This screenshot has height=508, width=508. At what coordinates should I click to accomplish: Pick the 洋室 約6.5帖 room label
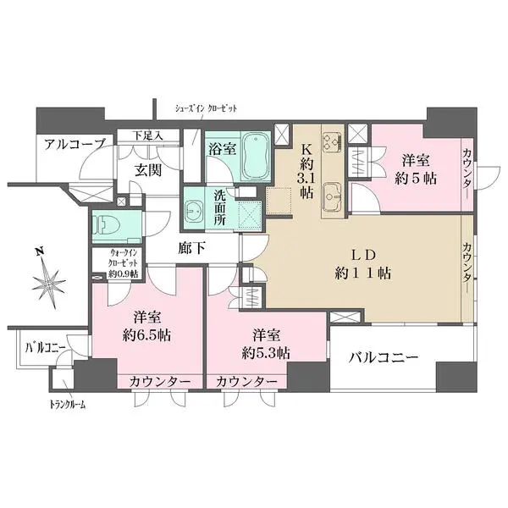point(148,326)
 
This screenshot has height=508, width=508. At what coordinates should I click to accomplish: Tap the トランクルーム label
point(68,404)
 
